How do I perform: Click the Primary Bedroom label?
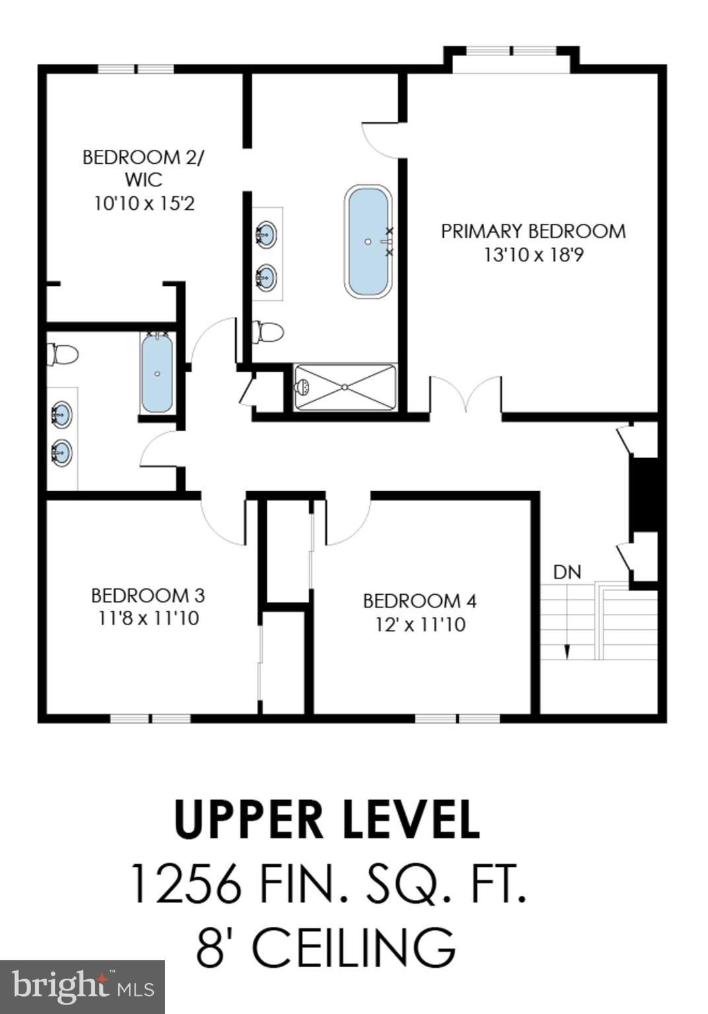click(533, 231)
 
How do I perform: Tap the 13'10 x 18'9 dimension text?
click(533, 254)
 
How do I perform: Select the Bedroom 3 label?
click(148, 595)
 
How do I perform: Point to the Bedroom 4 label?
click(420, 601)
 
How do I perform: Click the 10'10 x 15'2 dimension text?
click(144, 203)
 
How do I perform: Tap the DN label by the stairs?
click(567, 572)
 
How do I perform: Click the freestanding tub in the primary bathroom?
click(368, 241)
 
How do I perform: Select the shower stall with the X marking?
click(345, 387)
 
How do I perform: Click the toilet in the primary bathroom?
click(267, 332)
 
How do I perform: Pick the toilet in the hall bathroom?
click(63, 355)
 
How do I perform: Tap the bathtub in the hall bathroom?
click(157, 372)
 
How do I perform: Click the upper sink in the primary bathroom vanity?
click(265, 233)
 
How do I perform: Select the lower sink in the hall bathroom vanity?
click(61, 452)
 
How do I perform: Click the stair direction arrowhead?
click(567, 652)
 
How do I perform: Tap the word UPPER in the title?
click(249, 820)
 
